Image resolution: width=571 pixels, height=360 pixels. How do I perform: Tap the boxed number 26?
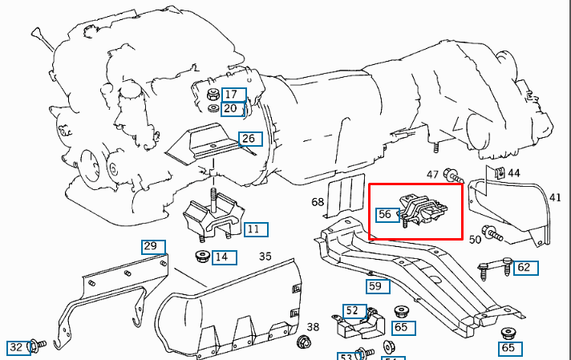coord(250,139)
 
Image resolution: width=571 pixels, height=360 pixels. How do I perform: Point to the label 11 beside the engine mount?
coord(256,229)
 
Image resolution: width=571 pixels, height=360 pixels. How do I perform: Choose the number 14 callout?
coord(225,257)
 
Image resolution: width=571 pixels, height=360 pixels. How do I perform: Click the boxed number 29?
coord(153,247)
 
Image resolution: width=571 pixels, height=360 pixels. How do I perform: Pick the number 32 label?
coord(18,347)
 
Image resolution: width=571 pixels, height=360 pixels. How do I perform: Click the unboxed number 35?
coord(265,257)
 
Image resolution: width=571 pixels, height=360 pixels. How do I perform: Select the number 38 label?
coord(313,327)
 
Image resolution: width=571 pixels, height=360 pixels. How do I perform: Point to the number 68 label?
coord(318,202)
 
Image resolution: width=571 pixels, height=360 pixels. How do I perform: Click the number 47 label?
coord(432,175)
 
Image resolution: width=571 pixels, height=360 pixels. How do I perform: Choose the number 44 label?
coord(514,173)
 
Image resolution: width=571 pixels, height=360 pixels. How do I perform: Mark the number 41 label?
coord(555,197)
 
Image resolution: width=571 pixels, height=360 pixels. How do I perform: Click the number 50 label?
coord(476,240)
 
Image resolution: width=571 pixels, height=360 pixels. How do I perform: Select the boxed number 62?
coord(526,268)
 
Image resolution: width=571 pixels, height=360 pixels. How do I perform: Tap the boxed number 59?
coord(378,286)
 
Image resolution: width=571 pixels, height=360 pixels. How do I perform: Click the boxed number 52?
coord(354,311)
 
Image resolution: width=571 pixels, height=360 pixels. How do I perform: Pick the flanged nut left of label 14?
coord(202,257)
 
